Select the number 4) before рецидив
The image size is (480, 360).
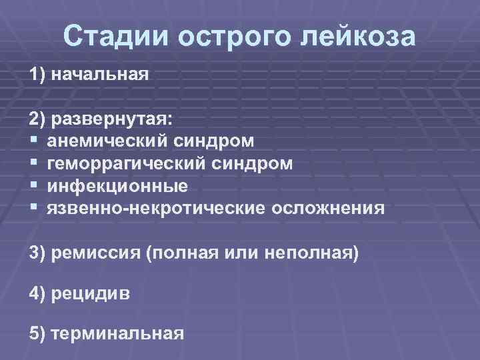click(x=38, y=293)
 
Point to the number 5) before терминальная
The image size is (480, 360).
click(x=38, y=333)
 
